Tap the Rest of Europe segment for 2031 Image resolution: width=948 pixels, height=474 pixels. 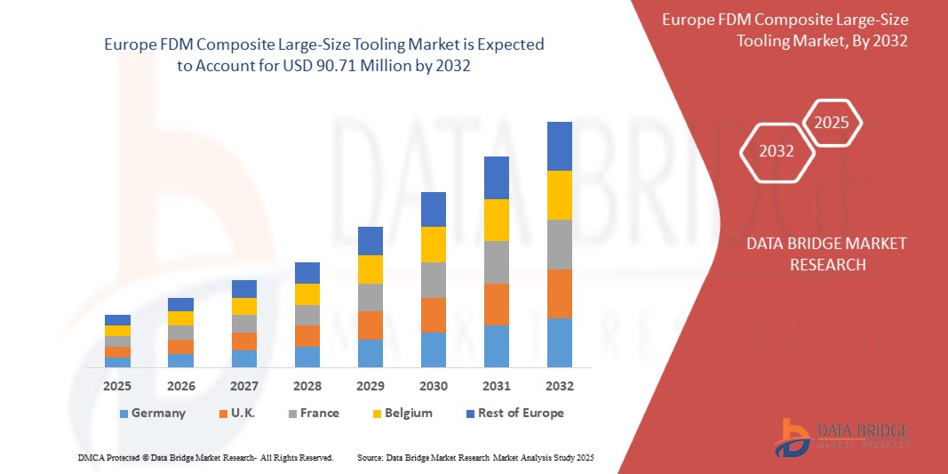pos(496,178)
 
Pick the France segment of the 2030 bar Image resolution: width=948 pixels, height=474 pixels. pos(433,280)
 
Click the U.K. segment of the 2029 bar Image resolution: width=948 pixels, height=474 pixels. pos(370,325)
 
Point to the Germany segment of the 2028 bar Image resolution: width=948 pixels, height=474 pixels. pos(307,357)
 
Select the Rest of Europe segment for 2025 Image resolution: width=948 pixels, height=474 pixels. pos(117,320)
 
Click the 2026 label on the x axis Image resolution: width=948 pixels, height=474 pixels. pos(180,386)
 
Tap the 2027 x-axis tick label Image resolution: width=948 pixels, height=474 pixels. pos(243,386)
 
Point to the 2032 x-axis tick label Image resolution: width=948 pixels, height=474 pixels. pos(559,386)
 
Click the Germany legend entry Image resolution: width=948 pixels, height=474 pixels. pos(152,413)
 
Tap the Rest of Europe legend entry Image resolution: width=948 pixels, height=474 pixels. pos(514,413)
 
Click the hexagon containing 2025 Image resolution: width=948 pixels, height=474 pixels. pos(832,123)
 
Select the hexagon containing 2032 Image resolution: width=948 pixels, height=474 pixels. pos(777,151)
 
